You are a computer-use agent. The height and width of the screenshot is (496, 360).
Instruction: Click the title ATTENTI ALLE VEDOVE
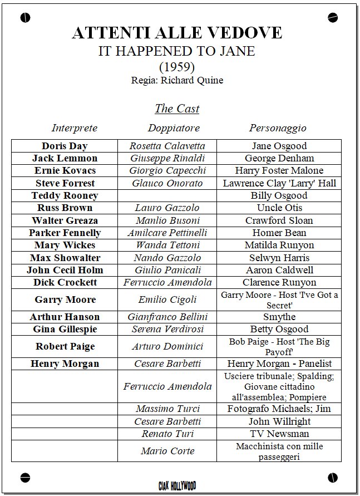coord(177,33)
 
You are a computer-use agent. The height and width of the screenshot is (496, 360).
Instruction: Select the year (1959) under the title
coord(177,66)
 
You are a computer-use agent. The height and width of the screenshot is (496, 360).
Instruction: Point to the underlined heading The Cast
coord(177,109)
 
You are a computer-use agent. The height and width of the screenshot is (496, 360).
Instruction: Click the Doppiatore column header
coord(174,128)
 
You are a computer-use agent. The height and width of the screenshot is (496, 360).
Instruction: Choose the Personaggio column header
coord(278,128)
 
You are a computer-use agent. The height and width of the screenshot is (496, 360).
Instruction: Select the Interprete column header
coord(75,128)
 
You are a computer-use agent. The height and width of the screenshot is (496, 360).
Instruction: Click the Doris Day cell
coord(65,146)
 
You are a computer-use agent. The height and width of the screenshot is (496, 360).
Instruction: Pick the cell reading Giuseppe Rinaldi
coord(167,158)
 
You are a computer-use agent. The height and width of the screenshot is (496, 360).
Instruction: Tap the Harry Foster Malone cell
coord(279,170)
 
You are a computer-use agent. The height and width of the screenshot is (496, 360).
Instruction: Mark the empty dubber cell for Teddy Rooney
coord(167,195)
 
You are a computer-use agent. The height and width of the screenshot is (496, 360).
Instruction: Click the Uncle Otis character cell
coord(279,208)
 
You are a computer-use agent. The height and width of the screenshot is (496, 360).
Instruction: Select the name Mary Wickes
coord(65,245)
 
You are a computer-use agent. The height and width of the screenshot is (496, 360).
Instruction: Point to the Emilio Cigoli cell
coord(167,299)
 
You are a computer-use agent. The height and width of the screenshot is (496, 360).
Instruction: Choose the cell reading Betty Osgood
coord(279,329)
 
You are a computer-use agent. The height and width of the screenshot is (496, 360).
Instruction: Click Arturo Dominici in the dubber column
coord(167,346)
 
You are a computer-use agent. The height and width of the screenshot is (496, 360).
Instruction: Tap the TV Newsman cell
coord(279,434)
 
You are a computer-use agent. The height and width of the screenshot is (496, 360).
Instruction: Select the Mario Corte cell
coord(167,451)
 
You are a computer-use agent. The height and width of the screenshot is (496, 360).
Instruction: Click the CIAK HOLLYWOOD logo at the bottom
coord(177,486)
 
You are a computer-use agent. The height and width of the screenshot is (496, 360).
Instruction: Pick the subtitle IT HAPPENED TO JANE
coord(177,51)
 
